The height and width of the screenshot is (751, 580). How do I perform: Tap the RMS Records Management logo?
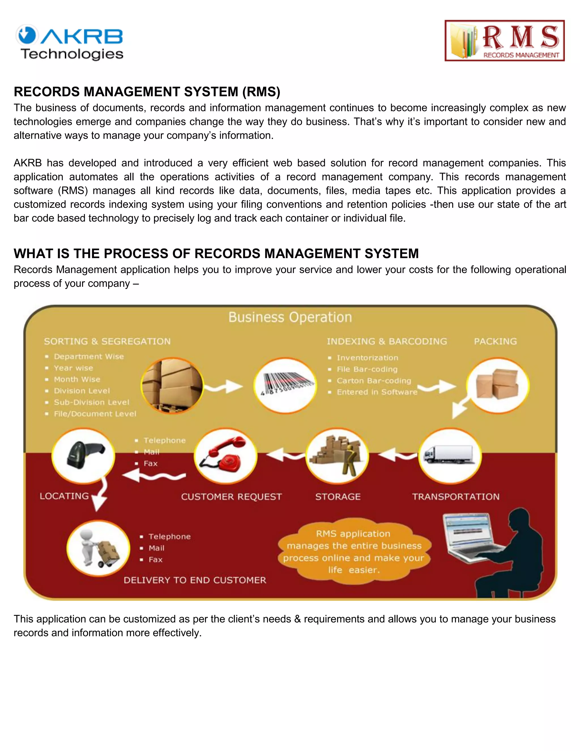pyautogui.click(x=504, y=41)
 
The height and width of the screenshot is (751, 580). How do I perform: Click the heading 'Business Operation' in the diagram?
pyautogui.click(x=290, y=317)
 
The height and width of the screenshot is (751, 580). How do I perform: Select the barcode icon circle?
pyautogui.click(x=285, y=385)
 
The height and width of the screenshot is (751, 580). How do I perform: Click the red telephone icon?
pyautogui.click(x=226, y=456)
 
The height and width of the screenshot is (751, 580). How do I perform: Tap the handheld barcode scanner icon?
pyautogui.click(x=84, y=456)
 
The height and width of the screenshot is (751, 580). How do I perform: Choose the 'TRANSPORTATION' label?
pyautogui.click(x=456, y=497)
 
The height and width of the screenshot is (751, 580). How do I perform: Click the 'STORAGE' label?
pyautogui.click(x=338, y=497)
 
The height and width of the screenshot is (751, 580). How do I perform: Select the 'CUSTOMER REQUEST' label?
pyautogui.click(x=231, y=497)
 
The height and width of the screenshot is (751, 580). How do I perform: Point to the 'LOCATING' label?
pyautogui.click(x=64, y=496)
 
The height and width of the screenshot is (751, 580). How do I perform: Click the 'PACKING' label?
pyautogui.click(x=495, y=341)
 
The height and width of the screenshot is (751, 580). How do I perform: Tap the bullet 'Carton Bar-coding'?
pyautogui.click(x=374, y=381)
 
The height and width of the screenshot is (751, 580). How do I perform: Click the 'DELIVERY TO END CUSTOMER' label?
pyautogui.click(x=195, y=580)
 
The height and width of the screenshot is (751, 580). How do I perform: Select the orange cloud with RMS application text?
pyautogui.click(x=354, y=551)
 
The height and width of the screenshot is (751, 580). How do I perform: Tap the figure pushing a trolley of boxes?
pyautogui.click(x=99, y=548)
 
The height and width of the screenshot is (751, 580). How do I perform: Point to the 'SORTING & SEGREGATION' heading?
pyautogui.click(x=107, y=341)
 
